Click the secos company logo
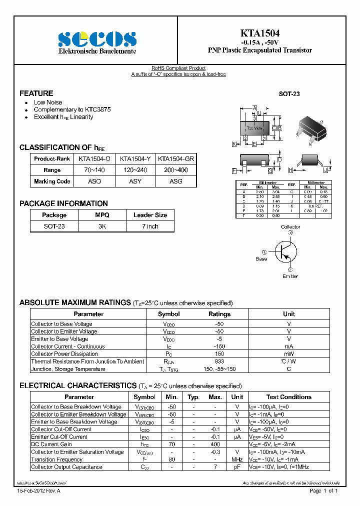click(x=97, y=39)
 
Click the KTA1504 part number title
click(x=259, y=33)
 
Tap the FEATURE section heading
click(x=36, y=93)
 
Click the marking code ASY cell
click(x=135, y=181)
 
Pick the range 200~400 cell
click(x=176, y=170)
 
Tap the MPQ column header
click(x=102, y=215)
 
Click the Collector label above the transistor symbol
click(x=290, y=227)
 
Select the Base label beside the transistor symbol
click(x=261, y=258)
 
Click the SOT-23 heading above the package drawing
click(x=289, y=94)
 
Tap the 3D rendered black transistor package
click(x=311, y=129)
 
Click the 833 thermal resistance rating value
click(x=219, y=361)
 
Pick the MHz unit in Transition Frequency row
click(x=237, y=459)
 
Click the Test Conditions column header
click(x=288, y=397)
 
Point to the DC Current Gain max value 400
click(x=215, y=444)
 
